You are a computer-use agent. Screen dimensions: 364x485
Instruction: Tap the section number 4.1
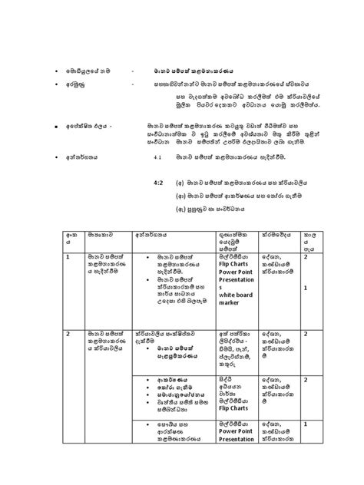(x=158, y=156)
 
